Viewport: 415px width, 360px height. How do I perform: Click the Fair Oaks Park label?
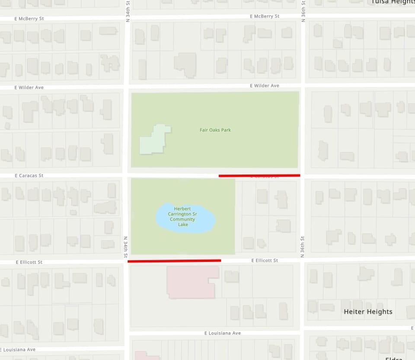[x=215, y=130]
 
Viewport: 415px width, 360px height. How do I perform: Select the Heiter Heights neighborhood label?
[x=368, y=312]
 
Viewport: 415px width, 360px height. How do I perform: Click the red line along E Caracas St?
[x=259, y=175]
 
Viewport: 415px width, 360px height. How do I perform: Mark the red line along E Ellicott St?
[x=174, y=261]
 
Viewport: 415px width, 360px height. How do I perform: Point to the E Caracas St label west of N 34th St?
[x=29, y=176]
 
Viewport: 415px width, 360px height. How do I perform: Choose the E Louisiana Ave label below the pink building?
[x=223, y=333]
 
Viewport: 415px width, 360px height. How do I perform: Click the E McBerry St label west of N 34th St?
[x=29, y=19]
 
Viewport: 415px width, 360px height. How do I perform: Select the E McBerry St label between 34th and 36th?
[x=265, y=16]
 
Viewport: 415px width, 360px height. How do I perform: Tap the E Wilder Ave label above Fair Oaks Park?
[x=265, y=86]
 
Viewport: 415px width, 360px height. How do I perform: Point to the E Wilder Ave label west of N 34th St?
[x=29, y=88]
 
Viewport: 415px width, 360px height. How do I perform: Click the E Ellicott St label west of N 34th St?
[x=29, y=262]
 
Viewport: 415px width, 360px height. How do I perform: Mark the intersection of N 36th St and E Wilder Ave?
[x=303, y=85]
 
